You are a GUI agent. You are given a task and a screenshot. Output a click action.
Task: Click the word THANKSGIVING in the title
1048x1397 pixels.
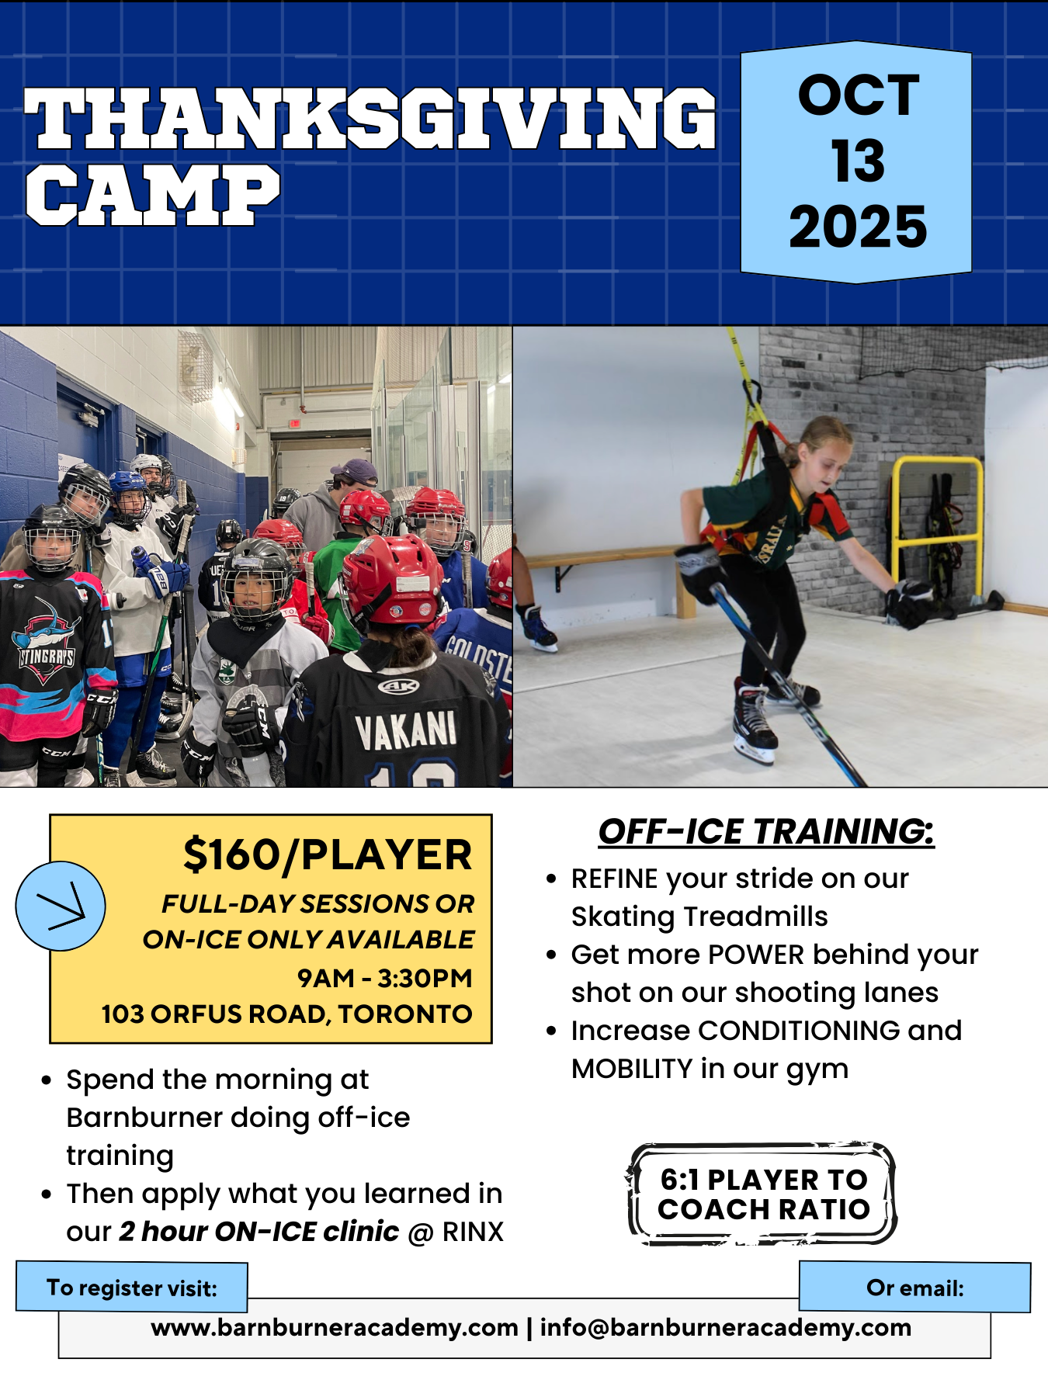point(370,118)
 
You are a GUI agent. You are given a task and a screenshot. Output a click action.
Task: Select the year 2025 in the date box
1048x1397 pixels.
point(858,227)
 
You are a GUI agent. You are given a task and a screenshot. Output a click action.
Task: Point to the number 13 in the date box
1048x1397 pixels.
point(858,161)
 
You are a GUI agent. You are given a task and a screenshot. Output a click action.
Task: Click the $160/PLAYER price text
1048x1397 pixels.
point(328,855)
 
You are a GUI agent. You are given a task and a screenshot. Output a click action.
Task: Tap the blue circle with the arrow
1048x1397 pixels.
point(61,906)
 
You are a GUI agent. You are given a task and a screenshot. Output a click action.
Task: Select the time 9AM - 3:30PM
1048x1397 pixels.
point(385,978)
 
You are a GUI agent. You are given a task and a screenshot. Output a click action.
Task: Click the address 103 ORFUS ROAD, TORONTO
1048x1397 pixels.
point(286,1014)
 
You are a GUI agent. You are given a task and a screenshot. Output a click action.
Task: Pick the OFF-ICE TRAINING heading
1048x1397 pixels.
point(766,832)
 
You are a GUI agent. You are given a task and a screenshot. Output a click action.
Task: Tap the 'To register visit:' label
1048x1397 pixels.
point(132,1288)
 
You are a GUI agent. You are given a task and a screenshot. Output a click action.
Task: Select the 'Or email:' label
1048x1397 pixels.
point(915,1288)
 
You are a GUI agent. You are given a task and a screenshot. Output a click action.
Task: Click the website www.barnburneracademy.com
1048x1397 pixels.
point(335,1327)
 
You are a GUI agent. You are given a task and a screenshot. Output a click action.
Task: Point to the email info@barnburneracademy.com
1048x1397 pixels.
point(726,1327)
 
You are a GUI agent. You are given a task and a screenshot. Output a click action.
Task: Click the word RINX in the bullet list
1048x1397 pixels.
point(473,1232)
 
